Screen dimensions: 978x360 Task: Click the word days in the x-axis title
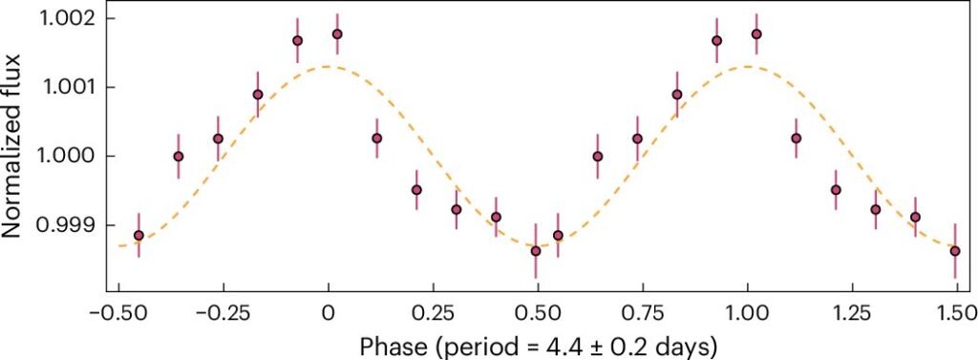686,345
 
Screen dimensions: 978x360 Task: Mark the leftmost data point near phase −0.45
138,235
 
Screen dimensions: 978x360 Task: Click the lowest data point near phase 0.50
535,251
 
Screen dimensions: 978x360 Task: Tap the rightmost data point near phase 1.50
955,251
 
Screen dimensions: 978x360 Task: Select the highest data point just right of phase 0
337,33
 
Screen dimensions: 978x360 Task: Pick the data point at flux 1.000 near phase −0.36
179,156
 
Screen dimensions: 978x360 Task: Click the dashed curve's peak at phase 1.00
747,66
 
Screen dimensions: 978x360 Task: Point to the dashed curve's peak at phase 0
329,66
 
